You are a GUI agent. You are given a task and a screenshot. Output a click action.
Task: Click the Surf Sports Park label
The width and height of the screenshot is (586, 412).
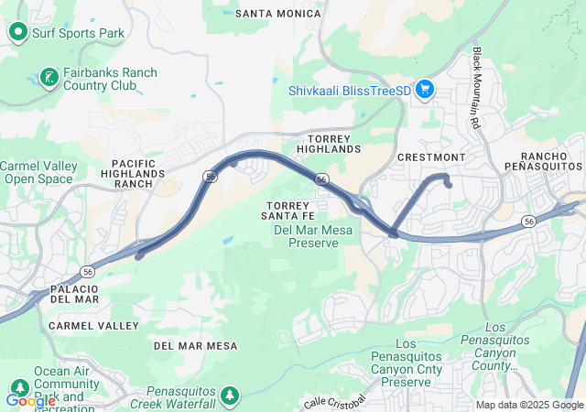[79, 34]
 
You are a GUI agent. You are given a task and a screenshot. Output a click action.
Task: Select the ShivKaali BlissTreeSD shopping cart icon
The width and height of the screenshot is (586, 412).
[424, 90]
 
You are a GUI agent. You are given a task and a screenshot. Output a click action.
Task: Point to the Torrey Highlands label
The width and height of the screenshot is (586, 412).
[329, 143]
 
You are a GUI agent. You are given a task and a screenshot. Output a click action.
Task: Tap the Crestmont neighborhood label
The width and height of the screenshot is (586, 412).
[431, 157]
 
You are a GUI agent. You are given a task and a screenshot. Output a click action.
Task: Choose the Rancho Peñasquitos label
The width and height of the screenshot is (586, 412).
[543, 161]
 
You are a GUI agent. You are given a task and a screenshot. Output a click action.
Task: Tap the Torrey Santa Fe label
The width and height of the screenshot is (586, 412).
[291, 210]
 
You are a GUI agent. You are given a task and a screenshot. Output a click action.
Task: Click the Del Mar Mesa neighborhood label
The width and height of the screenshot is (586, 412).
[195, 346]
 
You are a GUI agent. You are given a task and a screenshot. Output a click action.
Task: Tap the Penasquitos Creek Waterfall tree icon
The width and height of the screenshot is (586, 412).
[230, 395]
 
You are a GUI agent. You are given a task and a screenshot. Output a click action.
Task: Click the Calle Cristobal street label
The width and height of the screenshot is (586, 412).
[335, 401]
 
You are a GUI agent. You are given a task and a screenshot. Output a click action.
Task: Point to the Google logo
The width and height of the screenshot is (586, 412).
[30, 400]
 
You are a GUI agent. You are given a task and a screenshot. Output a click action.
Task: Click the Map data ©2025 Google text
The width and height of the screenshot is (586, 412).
[529, 405]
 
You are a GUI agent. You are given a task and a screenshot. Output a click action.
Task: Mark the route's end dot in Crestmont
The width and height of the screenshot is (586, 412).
[449, 185]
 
